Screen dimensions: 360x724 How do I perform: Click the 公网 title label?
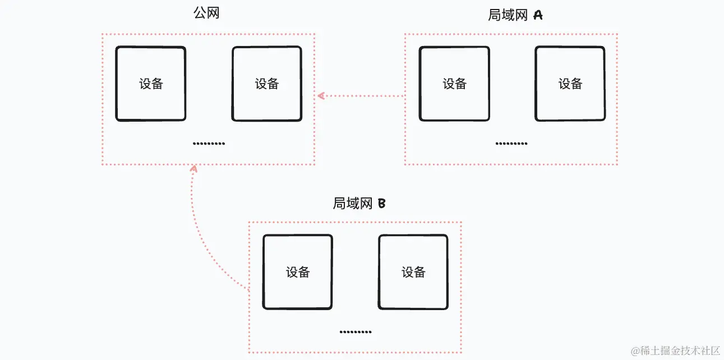click(206, 13)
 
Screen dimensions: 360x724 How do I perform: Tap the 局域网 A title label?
click(515, 15)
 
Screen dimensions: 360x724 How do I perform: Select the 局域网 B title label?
click(359, 203)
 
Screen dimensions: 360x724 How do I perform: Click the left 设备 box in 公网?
click(151, 84)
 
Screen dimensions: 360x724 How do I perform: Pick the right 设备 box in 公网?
click(267, 84)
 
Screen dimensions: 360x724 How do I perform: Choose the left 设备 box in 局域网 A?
click(454, 84)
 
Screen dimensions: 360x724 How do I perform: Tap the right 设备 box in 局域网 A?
click(570, 84)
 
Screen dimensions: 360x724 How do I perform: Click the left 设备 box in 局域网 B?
click(298, 272)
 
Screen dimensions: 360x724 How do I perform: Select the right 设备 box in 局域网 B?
click(413, 272)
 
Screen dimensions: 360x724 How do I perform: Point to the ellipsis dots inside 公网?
click(209, 144)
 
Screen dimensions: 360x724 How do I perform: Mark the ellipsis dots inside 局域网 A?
click(511, 144)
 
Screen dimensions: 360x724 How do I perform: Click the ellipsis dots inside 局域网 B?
click(356, 332)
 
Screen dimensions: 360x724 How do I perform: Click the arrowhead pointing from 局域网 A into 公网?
click(320, 96)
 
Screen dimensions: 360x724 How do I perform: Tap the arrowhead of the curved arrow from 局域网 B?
click(193, 168)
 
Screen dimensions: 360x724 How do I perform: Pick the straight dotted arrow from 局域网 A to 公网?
click(362, 96)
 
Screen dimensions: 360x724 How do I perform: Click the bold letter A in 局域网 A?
click(537, 15)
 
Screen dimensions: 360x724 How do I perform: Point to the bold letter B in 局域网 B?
click(381, 203)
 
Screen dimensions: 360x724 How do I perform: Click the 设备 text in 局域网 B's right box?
click(413, 272)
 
